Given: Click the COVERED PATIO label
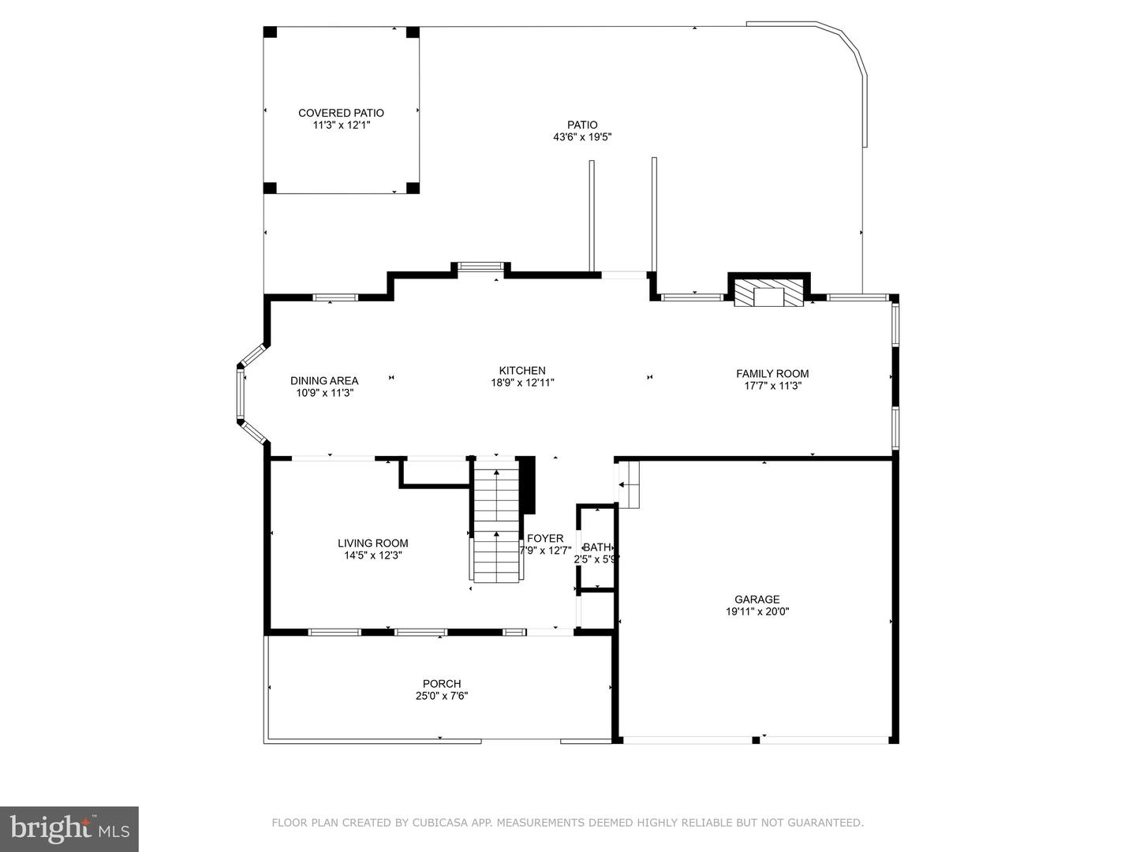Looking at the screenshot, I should (341, 113).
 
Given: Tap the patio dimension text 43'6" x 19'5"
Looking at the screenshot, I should (582, 137).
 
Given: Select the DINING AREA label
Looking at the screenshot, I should (324, 380).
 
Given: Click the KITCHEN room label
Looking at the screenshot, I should (521, 371).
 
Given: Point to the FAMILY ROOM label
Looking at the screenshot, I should (772, 374).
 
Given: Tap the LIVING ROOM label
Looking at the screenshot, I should (372, 543).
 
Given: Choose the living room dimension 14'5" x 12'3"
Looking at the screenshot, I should (372, 555).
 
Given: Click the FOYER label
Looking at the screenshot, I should (545, 539).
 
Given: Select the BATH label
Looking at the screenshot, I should (596, 547).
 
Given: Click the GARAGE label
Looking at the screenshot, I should (757, 600).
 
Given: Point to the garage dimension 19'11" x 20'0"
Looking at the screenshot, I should (757, 611).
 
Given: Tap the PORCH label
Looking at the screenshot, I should (442, 684).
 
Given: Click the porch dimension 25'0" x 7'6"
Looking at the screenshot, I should (442, 696).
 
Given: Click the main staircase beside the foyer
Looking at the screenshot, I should (497, 521).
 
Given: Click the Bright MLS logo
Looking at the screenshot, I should (69, 828).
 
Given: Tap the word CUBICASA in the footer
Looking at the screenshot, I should (436, 823).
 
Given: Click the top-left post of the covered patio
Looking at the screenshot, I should (270, 32).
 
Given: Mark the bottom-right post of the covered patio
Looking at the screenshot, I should (412, 188).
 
